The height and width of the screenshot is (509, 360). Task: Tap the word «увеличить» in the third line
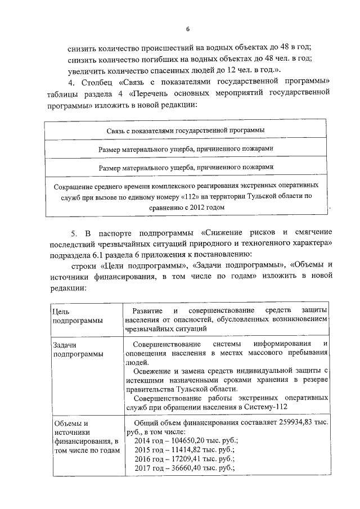coord(84,69)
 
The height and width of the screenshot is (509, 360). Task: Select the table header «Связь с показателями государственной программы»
coord(186,130)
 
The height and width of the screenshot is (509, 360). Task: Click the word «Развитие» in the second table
coord(147,310)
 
